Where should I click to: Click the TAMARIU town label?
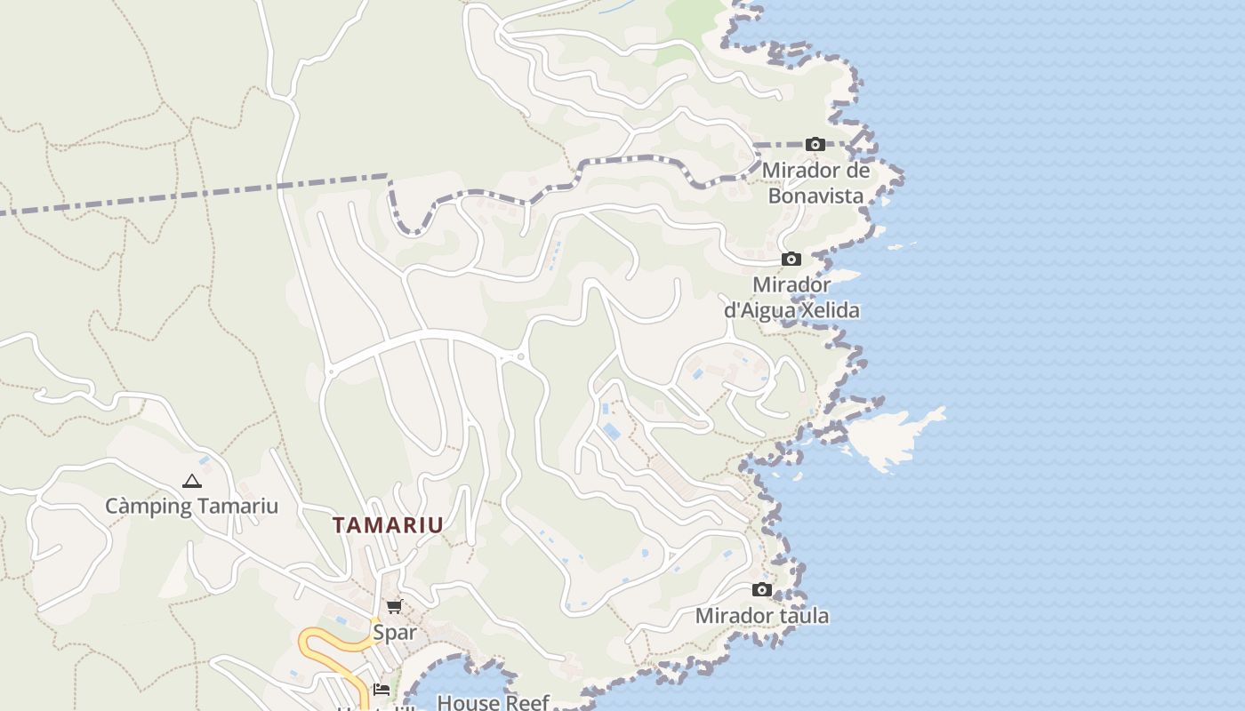(388, 524)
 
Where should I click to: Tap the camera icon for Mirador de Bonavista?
(815, 144)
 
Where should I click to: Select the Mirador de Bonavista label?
(815, 182)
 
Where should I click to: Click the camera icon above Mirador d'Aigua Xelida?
(791, 260)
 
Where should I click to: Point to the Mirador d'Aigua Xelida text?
(791, 298)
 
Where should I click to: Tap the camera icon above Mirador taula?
(761, 589)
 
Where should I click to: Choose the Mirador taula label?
(761, 616)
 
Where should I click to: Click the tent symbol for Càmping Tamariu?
(191, 482)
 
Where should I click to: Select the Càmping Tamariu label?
(191, 507)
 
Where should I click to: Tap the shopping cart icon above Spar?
(394, 607)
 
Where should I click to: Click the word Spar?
(394, 633)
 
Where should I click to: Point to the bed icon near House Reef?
(382, 689)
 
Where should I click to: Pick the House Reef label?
(493, 702)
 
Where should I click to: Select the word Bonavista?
(815, 196)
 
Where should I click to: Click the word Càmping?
(148, 507)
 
